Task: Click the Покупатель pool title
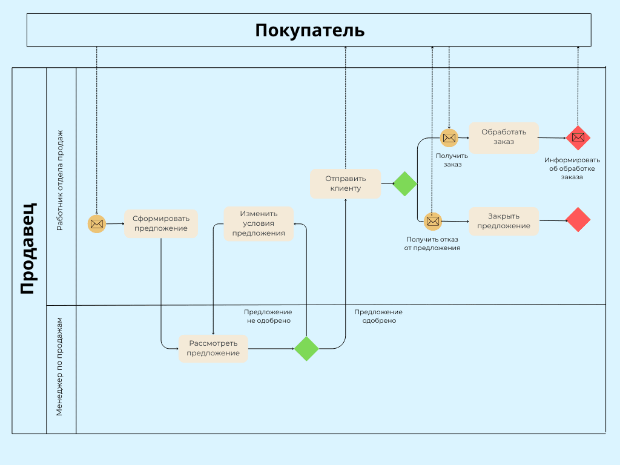pos(309,30)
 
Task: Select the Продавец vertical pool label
pos(28,248)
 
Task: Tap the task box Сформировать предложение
pos(161,223)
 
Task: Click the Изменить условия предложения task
pos(259,223)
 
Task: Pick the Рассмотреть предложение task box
pos(213,348)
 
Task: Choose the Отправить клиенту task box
pos(346,183)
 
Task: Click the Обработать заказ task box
pos(504,137)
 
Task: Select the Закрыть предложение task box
pos(504,221)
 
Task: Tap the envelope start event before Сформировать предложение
pos(96,224)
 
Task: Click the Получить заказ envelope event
pos(449,138)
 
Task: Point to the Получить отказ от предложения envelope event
pos(433,222)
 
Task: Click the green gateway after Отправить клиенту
pos(405,183)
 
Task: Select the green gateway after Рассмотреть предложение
pos(306,349)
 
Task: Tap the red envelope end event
pos(578,137)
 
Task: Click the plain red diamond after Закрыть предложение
pos(578,219)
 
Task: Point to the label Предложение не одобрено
pos(268,316)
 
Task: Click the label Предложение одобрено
pos(378,316)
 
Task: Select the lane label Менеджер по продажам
pos(59,366)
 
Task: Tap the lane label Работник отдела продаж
pos(59,180)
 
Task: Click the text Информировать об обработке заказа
pos(572,168)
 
